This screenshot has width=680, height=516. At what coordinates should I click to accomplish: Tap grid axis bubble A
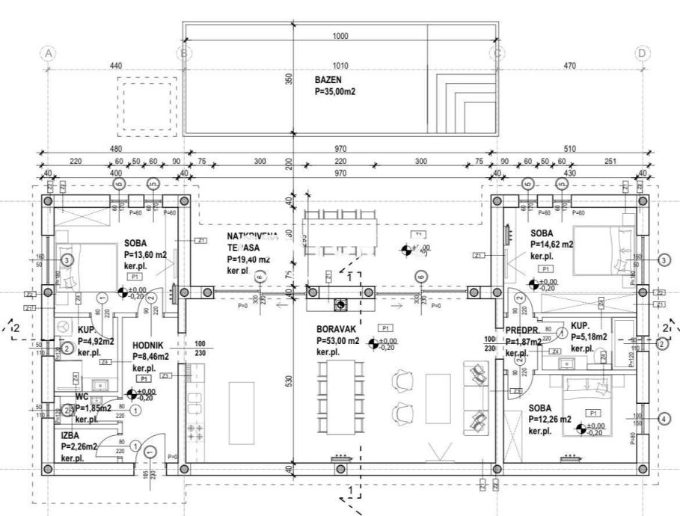[x=49, y=53]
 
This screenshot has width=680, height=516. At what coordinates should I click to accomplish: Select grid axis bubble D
[x=641, y=53]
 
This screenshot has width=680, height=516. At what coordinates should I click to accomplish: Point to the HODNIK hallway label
[x=150, y=345]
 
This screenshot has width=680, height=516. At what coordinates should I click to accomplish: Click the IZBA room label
[x=71, y=434]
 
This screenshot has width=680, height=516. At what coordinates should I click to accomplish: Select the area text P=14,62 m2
[x=552, y=244]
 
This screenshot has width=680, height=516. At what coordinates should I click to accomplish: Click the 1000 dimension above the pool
[x=340, y=36]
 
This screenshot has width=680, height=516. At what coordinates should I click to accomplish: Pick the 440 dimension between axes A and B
[x=116, y=67]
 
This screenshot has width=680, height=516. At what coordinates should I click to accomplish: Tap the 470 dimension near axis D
[x=570, y=67]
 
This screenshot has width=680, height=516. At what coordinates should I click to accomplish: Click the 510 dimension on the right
[x=570, y=149]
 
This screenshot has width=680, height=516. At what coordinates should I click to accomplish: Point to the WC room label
[x=82, y=397]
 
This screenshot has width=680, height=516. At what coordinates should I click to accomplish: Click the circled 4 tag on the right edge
[x=662, y=419]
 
